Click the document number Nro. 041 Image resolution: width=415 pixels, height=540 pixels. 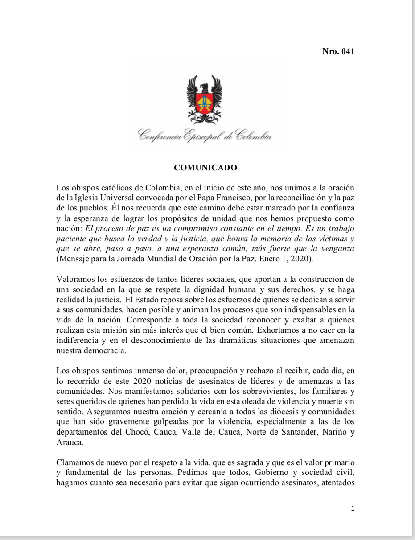click(x=338, y=52)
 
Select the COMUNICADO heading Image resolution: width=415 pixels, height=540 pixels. click(x=205, y=168)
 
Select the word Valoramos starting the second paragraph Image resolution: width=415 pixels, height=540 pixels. click(x=74, y=280)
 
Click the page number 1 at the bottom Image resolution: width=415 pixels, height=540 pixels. click(x=353, y=508)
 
